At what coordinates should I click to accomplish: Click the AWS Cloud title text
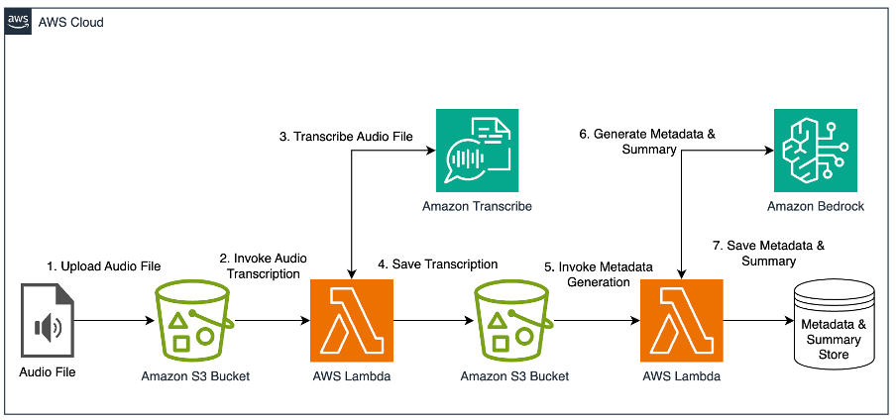coord(70,22)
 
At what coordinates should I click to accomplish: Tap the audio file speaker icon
coord(47,323)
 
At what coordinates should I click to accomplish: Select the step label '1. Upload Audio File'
coord(104,266)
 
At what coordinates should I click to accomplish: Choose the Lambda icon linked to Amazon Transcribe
coord(352,320)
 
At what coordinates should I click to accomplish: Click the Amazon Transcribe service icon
coord(477,150)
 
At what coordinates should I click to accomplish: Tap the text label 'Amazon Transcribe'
coord(477,206)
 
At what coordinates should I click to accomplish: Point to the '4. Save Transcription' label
coord(437,264)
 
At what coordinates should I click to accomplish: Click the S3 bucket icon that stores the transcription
coord(512,320)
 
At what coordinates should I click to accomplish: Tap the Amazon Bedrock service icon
coord(815,150)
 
